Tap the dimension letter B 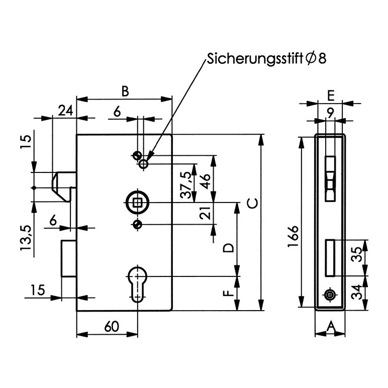pos(126,91)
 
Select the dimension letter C pos(252,204)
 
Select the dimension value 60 pos(111,327)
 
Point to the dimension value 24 pos(64,111)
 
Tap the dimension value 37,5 pos(187,184)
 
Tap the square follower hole pos(137,203)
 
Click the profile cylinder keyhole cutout pos(137,282)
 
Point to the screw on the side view pos(330,295)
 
